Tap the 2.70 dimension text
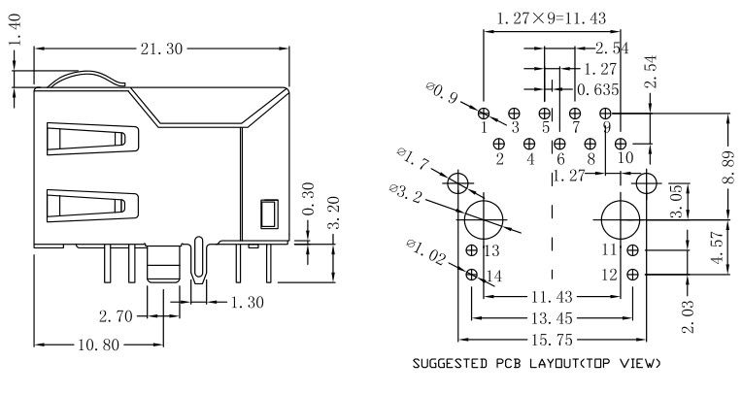[x=116, y=316]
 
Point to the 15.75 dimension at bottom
[x=549, y=341]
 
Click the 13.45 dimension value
[x=551, y=316]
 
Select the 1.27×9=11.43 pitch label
[x=553, y=17]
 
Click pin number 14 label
[x=494, y=277]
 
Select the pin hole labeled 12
[x=632, y=275]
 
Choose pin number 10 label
[x=624, y=156]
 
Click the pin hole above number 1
[x=485, y=114]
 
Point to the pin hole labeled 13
[x=471, y=249]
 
